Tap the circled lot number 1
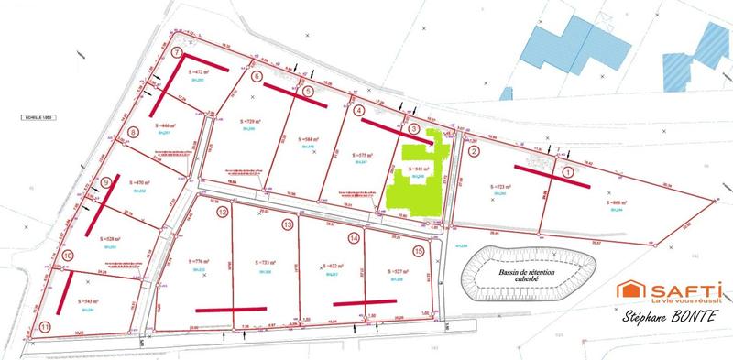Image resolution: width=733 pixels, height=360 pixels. pos(567,171)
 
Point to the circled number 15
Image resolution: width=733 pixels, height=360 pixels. pos(419,250)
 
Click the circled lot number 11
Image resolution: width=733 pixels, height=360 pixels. pos(45,326)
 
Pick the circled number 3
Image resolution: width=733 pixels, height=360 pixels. pos(413,131)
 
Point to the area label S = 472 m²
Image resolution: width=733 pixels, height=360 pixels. pos(200,71)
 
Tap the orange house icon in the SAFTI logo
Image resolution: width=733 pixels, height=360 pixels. pos(629,290)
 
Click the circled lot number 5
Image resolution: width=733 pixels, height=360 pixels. pos(308,91)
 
